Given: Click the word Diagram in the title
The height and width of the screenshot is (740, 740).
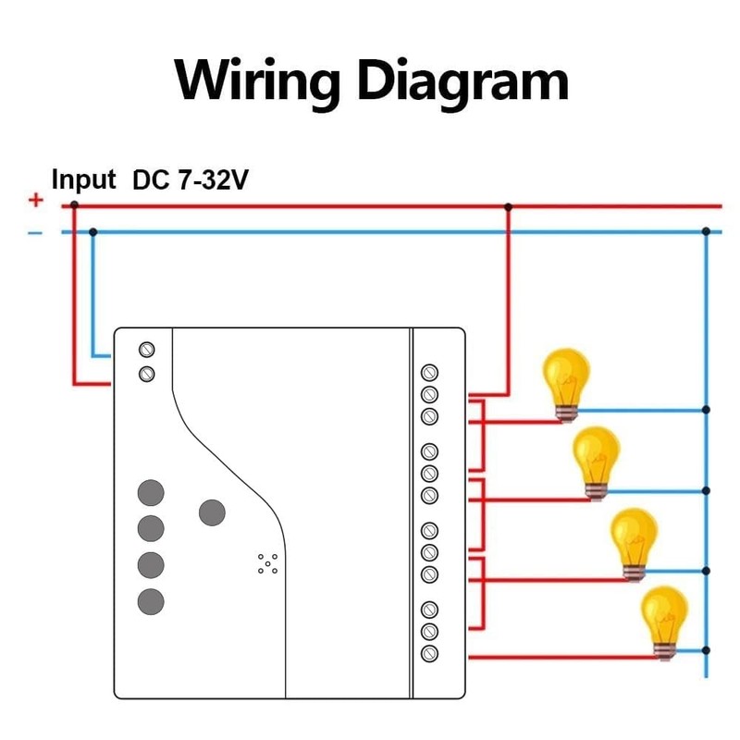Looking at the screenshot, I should pyautogui.click(x=462, y=81).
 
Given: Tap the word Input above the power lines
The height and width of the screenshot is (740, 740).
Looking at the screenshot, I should pyautogui.click(x=83, y=179).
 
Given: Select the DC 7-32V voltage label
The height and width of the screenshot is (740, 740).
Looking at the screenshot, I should pyautogui.click(x=191, y=179).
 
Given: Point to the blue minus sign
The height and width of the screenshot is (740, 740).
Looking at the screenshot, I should pyautogui.click(x=35, y=231).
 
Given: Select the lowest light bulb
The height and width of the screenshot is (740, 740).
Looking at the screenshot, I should pyautogui.click(x=665, y=623).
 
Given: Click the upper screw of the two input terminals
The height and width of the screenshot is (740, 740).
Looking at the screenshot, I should pyautogui.click(x=146, y=350).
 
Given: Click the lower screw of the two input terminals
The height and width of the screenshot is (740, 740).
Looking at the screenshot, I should pyautogui.click(x=146, y=374).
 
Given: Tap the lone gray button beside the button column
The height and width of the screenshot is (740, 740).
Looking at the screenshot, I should pyautogui.click(x=212, y=511).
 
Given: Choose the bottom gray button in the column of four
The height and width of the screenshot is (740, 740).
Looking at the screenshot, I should pyautogui.click(x=151, y=602).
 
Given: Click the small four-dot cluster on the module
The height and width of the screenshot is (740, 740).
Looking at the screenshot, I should pyautogui.click(x=267, y=563).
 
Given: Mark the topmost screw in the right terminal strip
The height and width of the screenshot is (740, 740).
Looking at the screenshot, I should pyautogui.click(x=429, y=372).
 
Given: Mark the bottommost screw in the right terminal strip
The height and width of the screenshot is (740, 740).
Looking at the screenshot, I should pyautogui.click(x=429, y=653).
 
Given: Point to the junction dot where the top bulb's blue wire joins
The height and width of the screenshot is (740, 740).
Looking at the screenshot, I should pyautogui.click(x=706, y=409).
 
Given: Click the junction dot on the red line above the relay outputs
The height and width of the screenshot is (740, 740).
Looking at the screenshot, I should pyautogui.click(x=507, y=206).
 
